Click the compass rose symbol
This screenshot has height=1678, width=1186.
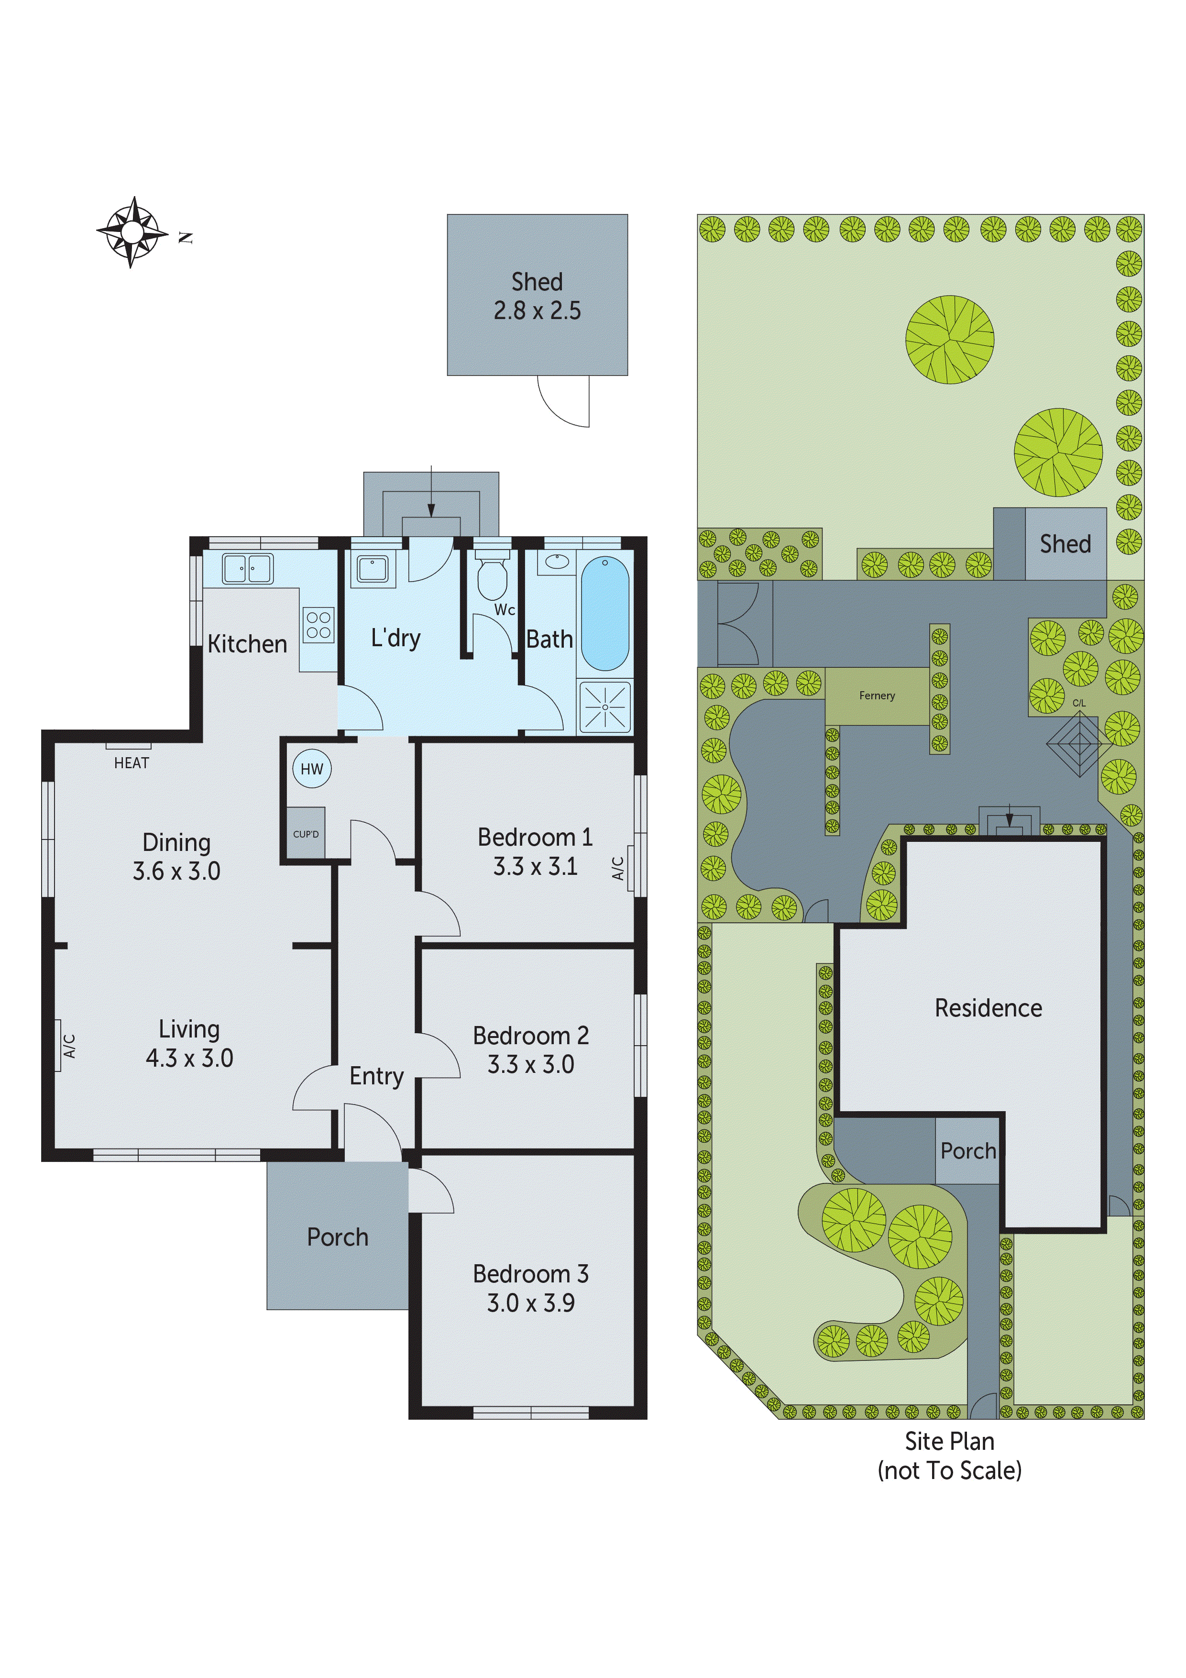click(132, 232)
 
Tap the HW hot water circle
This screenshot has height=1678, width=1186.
click(312, 769)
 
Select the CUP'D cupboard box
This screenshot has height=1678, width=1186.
click(306, 833)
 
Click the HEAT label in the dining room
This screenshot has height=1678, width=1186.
click(132, 763)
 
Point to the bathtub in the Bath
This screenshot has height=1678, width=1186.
click(605, 614)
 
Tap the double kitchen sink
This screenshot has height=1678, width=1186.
click(248, 569)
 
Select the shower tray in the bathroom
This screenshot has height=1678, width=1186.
click(605, 707)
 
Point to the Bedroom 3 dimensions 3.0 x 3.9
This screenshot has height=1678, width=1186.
click(531, 1303)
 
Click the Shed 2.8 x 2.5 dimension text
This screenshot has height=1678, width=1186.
click(537, 310)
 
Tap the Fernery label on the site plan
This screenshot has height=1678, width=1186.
click(877, 696)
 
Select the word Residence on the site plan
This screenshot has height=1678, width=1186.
click(988, 1008)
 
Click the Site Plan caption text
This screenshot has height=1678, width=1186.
click(949, 1441)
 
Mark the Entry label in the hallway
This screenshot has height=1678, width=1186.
click(376, 1077)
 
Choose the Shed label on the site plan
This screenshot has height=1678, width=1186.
click(1065, 544)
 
